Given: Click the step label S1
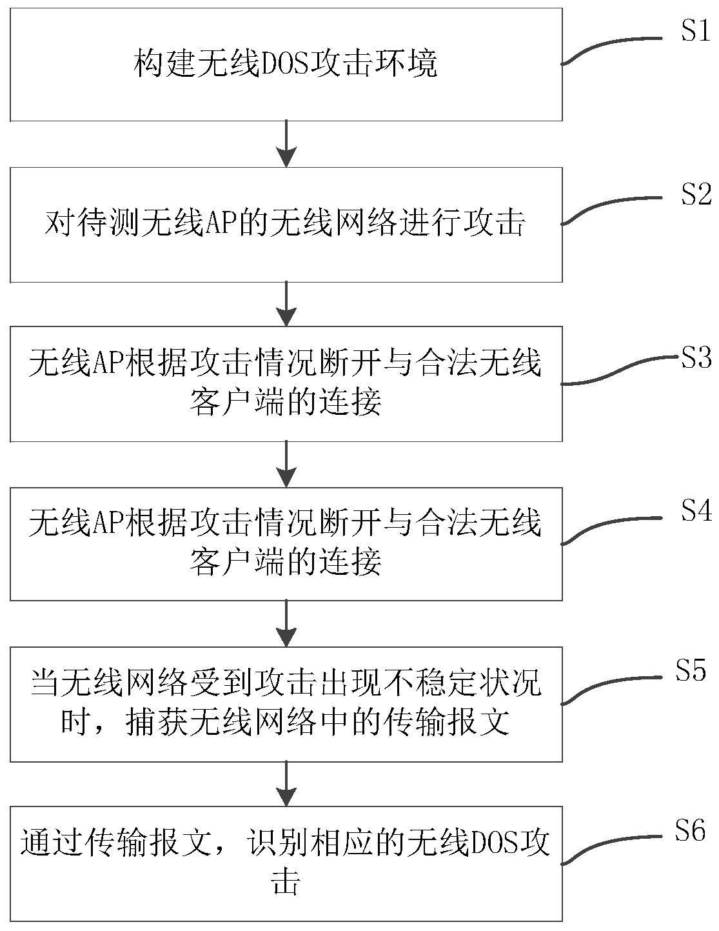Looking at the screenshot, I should (x=696, y=32).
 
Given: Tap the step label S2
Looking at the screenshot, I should (x=696, y=194).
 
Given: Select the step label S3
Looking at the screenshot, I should (x=696, y=359).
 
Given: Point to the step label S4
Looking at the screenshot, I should (x=696, y=512).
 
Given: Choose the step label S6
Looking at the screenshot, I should (x=691, y=831).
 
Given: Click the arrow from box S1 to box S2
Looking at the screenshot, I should (x=286, y=144).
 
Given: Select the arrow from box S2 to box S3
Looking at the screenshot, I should (x=286, y=304).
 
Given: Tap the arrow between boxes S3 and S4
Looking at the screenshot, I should (x=286, y=464).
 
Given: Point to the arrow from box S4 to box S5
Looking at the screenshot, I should (x=286, y=624).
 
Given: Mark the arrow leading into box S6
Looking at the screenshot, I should (x=286, y=783).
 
